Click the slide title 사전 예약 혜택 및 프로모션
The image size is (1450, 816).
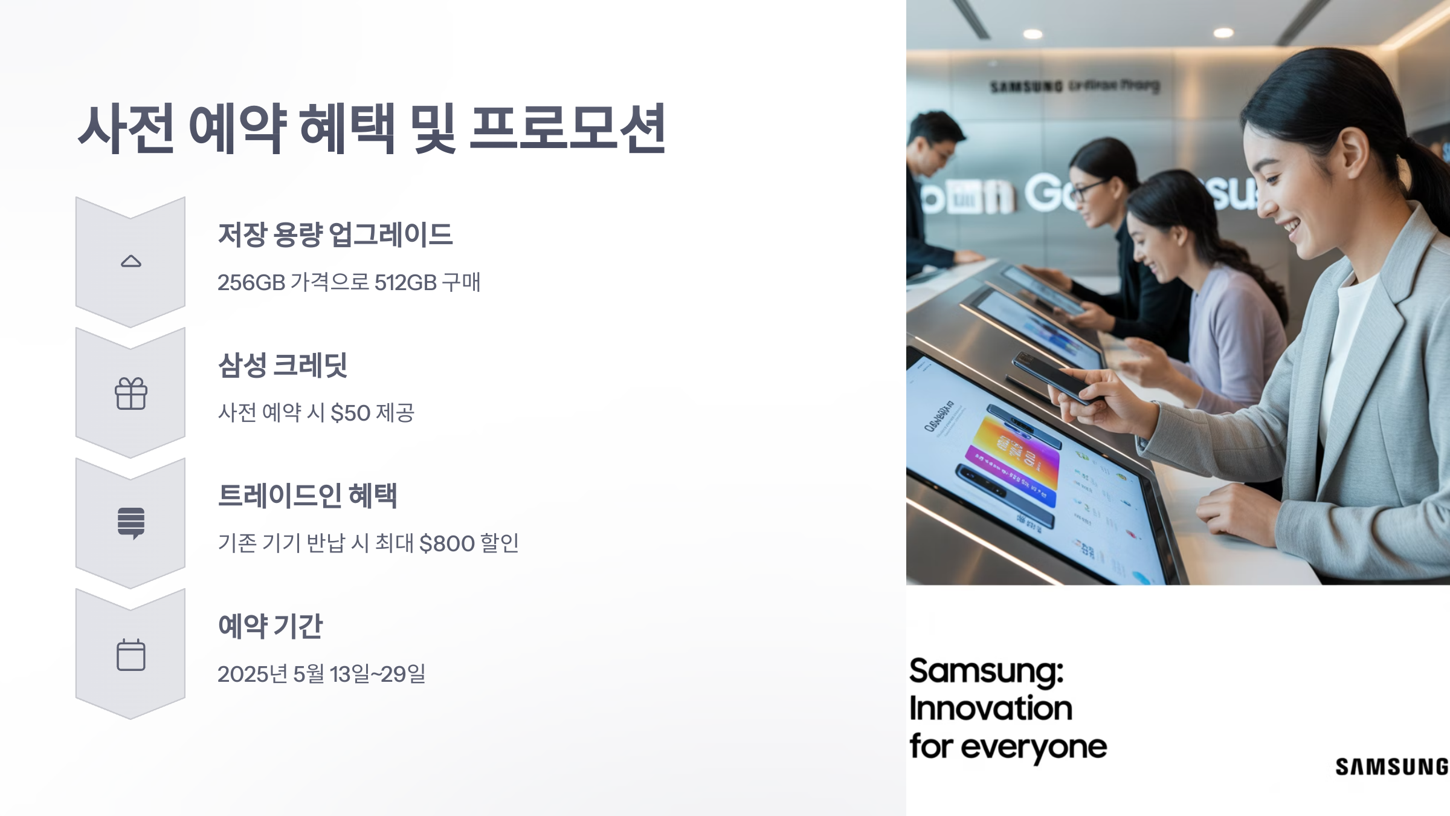click(x=372, y=128)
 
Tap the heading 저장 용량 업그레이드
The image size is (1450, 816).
click(x=335, y=235)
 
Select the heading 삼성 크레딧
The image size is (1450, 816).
click(x=283, y=365)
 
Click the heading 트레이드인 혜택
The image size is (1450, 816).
click(x=308, y=496)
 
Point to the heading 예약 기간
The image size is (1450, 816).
click(x=270, y=626)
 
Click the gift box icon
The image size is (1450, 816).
click(x=131, y=393)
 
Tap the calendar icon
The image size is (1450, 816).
click(x=131, y=655)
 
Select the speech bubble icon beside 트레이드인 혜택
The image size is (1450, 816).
click(x=131, y=523)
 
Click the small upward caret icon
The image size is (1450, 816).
click(x=131, y=261)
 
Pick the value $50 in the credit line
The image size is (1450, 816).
click(x=350, y=413)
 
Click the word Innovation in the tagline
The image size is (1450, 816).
click(x=991, y=708)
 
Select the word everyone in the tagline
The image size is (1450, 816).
click(x=1034, y=748)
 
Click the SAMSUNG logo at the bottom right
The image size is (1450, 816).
click(x=1391, y=766)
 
